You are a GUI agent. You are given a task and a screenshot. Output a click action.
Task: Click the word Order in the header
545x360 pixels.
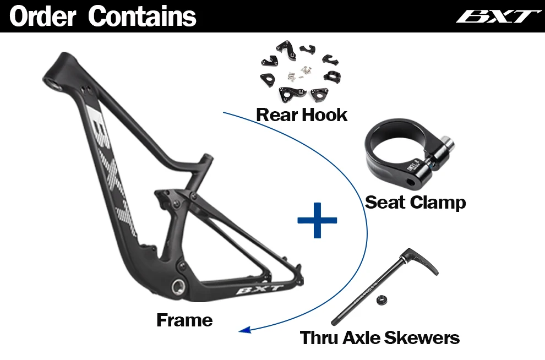click(42, 17)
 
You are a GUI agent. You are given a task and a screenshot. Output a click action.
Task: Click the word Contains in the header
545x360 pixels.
click(142, 17)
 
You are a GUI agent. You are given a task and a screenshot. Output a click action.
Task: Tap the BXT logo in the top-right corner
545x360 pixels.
click(498, 16)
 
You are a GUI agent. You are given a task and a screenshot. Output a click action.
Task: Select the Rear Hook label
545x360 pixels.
click(302, 115)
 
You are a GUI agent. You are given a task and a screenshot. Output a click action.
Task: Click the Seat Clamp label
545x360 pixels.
click(416, 202)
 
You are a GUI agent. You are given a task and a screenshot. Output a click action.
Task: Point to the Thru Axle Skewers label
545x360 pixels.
click(380, 337)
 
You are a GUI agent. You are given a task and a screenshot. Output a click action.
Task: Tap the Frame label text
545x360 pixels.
click(184, 320)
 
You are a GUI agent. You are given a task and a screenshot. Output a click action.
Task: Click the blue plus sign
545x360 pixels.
click(317, 220)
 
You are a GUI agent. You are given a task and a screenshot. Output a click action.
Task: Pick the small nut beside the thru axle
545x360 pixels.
click(379, 301)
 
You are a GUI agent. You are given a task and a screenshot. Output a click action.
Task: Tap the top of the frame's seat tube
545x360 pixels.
click(208, 157)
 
